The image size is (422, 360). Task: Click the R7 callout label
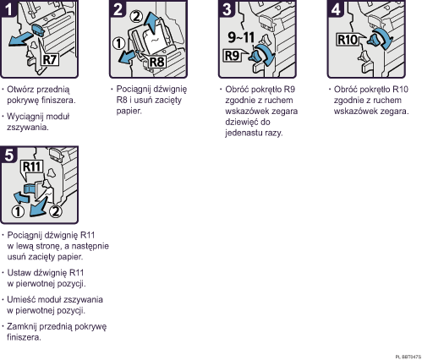[x=50, y=59]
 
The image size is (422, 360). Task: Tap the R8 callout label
[x=156, y=62]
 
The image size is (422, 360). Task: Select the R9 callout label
[x=232, y=56]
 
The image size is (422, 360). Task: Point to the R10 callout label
[x=348, y=40]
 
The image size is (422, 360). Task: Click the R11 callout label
[x=32, y=166]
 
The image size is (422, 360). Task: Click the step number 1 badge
[x=8, y=9]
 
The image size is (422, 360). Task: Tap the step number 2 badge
[x=118, y=9]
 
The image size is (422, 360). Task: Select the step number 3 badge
[x=227, y=9]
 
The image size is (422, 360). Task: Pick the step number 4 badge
[x=336, y=9]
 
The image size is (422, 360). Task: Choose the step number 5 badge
[x=8, y=155]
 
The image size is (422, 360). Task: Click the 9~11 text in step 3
[x=241, y=37]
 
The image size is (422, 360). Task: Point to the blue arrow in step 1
[x=21, y=39]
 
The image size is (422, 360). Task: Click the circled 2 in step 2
[x=136, y=17]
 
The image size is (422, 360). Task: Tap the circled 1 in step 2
[x=119, y=44]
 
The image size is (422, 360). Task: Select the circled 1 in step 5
[x=18, y=212]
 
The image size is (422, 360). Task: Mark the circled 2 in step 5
[x=56, y=211]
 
